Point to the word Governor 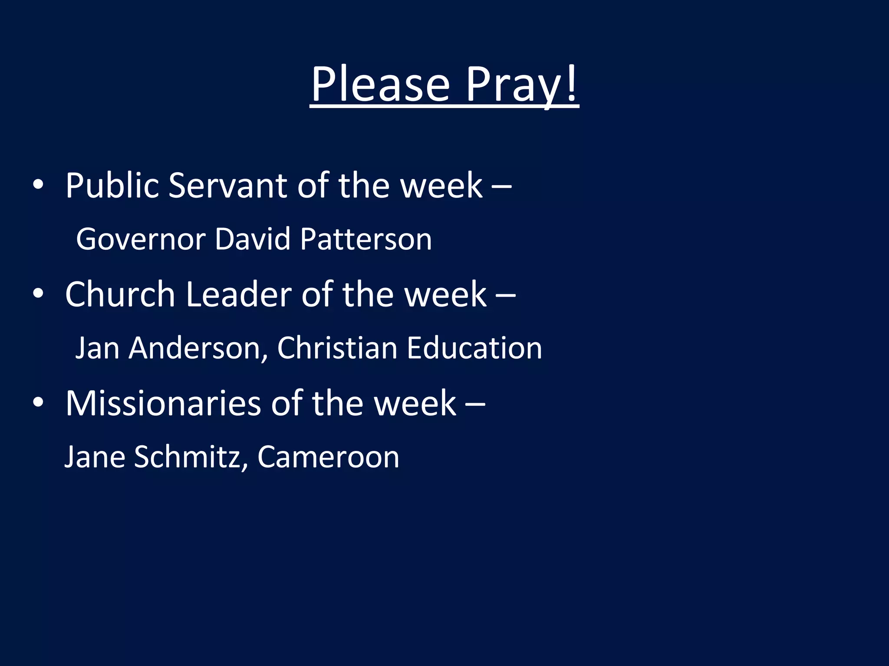click(x=141, y=239)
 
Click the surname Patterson click(x=366, y=239)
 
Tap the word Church click(x=120, y=294)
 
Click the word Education click(x=474, y=348)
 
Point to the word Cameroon click(x=328, y=457)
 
